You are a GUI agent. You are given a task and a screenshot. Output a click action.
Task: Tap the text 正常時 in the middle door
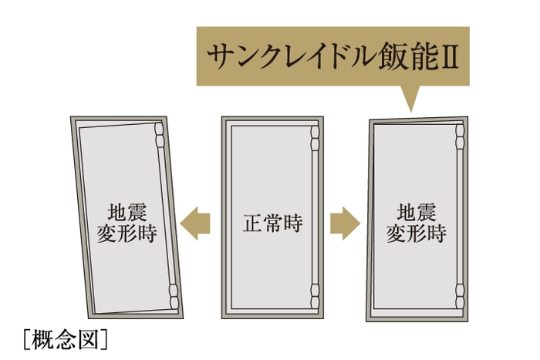coord(270,224)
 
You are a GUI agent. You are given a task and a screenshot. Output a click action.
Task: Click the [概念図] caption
coord(65,338)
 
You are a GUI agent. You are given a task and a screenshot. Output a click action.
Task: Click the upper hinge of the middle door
coord(314,140)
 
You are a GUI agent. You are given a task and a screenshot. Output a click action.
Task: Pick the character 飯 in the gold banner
coord(386,57)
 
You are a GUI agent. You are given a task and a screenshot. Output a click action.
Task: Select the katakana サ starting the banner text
coord(221,57)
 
